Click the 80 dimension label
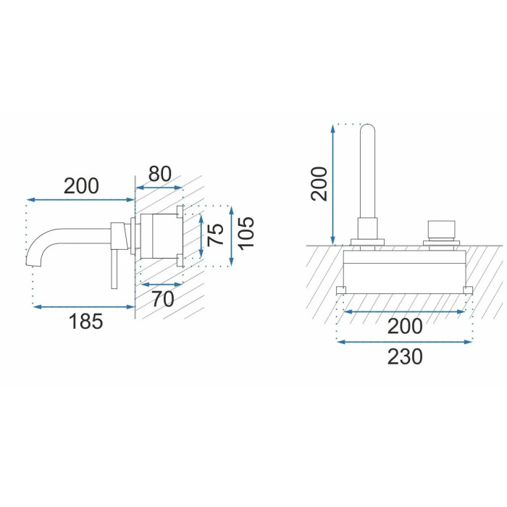[x=160, y=175]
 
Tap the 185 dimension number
[x=85, y=322]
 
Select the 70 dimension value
[x=163, y=299]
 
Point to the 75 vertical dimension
[x=215, y=235]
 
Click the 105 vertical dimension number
[x=246, y=232]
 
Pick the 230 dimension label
[x=405, y=356]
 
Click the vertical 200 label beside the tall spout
[x=319, y=184]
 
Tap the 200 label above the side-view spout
[x=81, y=186]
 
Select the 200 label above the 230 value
[x=405, y=326]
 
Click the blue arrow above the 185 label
[x=84, y=306]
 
